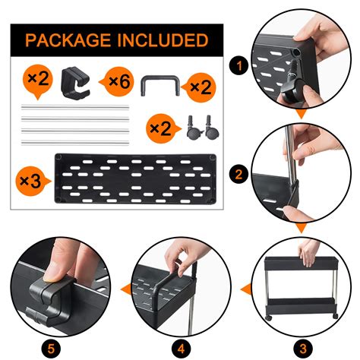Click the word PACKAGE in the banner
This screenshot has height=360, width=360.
pyautogui.click(x=68, y=40)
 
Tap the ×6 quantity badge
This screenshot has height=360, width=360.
pyautogui.click(x=117, y=81)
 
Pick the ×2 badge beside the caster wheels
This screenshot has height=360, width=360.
pyautogui.click(x=163, y=128)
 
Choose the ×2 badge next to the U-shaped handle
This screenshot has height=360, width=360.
pyautogui.click(x=200, y=87)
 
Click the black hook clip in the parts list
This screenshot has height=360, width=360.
pyautogui.click(x=76, y=83)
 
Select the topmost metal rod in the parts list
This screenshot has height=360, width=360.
pyautogui.click(x=75, y=107)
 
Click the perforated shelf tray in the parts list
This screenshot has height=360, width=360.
pyautogui.click(x=135, y=178)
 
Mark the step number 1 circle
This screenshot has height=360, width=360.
pyautogui.click(x=239, y=66)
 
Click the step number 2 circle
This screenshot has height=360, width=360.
pyautogui.click(x=239, y=174)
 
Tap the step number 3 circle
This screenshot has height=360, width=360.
pyautogui.click(x=303, y=349)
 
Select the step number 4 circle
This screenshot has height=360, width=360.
pyautogui.click(x=181, y=349)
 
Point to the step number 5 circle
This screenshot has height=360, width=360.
pyautogui.click(x=51, y=349)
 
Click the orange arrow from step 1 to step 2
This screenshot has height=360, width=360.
pyautogui.click(x=301, y=114)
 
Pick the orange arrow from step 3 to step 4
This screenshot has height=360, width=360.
pyautogui.click(x=245, y=289)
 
